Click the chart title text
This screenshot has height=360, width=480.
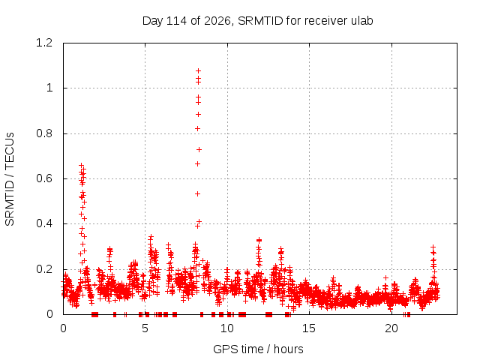click(258, 21)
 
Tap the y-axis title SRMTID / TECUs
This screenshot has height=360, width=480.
click(10, 179)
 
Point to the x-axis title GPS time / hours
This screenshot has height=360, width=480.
click(258, 349)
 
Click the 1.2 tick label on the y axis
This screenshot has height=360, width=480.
click(44, 43)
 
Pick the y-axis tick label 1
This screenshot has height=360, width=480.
click(49, 88)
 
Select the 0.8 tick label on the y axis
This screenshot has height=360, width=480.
click(44, 133)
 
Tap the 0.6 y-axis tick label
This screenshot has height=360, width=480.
click(44, 178)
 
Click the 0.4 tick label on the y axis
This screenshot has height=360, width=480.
click(44, 223)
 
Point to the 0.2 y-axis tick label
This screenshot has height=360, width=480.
click(44, 269)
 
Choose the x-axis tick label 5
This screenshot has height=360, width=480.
click(145, 328)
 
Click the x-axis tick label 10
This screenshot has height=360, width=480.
click(226, 328)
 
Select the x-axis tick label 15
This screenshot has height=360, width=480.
click(309, 328)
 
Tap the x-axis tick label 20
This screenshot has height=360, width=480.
click(391, 328)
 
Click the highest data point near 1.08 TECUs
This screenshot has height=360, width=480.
click(198, 71)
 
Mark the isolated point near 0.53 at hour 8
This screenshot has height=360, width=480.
click(198, 193)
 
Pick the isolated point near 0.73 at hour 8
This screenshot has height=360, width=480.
click(199, 150)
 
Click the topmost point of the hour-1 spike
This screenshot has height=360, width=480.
click(82, 165)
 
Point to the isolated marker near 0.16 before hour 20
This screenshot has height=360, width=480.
click(386, 278)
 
